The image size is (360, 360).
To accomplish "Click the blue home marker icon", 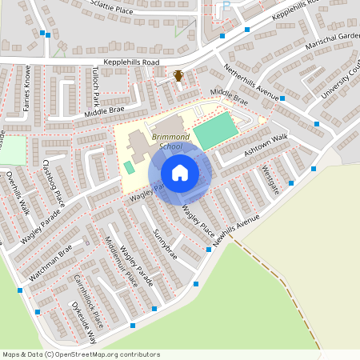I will [x=180, y=173].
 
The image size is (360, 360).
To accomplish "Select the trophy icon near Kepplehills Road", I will [x=179, y=76].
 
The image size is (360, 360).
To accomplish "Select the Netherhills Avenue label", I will [x=251, y=82].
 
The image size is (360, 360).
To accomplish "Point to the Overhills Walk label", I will [x=18, y=192].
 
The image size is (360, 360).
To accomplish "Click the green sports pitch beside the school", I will [x=216, y=130].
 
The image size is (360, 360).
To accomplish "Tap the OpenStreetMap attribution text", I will [x=81, y=354].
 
